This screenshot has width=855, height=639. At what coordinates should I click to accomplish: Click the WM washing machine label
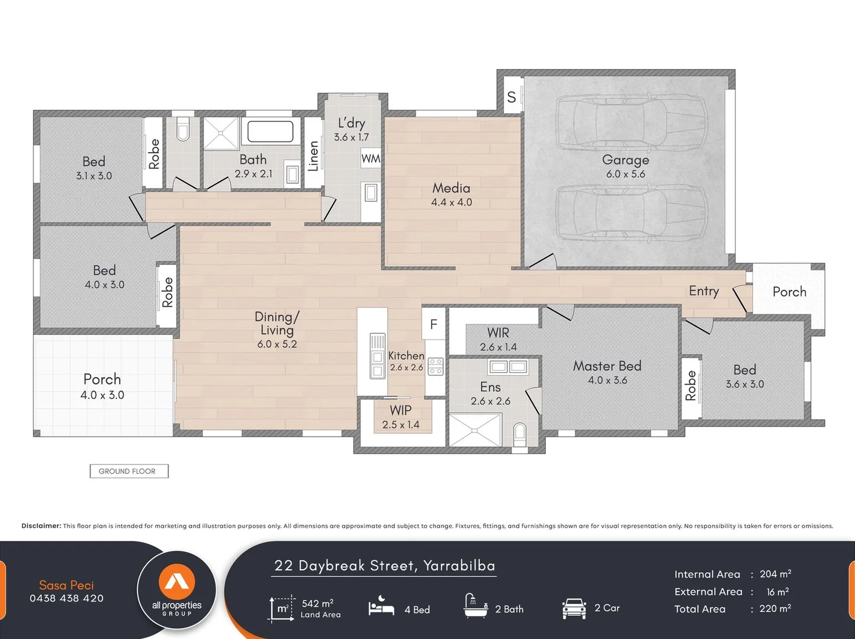point(371,159)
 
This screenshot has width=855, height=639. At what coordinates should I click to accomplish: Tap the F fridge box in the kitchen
point(433,324)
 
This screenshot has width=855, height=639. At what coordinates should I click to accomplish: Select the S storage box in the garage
point(512,97)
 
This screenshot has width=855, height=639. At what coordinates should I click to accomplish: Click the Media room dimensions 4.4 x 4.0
point(451,202)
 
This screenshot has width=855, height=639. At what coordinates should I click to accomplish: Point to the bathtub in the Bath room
point(271,131)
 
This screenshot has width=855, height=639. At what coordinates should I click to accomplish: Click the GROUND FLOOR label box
point(129,471)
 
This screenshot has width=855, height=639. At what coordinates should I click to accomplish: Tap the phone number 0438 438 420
point(66,598)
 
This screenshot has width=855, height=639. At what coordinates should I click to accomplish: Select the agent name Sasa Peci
point(66,585)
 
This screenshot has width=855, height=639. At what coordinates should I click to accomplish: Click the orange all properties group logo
point(176,582)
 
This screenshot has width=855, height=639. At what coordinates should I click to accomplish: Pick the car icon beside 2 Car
point(574,609)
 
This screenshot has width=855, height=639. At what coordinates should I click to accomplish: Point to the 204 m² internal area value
point(775,574)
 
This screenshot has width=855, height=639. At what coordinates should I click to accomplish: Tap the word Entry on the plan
point(704,291)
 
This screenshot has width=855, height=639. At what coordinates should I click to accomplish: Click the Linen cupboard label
point(314,156)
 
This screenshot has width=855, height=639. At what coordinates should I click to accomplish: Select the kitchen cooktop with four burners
point(435,366)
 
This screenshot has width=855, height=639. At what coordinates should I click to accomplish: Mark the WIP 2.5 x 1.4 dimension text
point(401,425)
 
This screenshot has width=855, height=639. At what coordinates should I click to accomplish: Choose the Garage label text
point(626,160)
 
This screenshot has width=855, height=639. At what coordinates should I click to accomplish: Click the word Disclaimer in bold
point(41,526)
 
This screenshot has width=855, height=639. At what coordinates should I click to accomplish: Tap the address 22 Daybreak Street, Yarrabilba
point(384,566)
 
